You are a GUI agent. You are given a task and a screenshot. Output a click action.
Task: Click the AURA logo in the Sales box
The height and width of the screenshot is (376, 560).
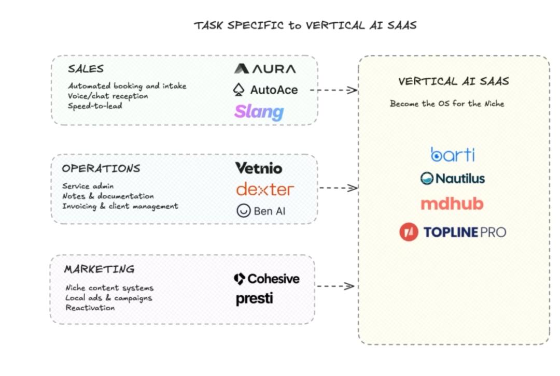pyautogui.click(x=265, y=69)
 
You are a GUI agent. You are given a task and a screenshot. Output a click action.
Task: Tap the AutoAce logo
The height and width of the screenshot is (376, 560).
pyautogui.click(x=265, y=90)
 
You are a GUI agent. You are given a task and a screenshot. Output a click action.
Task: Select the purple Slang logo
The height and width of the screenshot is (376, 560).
pyautogui.click(x=259, y=111)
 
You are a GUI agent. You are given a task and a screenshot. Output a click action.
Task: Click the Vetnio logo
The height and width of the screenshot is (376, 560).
pyautogui.click(x=258, y=168)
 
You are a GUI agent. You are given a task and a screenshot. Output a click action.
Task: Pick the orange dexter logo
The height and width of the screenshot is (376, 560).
pyautogui.click(x=265, y=189)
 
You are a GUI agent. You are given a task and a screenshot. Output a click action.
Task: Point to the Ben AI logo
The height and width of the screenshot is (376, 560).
pyautogui.click(x=261, y=211)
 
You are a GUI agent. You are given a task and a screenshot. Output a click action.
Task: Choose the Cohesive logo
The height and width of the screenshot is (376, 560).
pyautogui.click(x=267, y=279)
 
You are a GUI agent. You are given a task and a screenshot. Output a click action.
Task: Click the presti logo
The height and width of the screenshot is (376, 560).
pyautogui.click(x=254, y=299)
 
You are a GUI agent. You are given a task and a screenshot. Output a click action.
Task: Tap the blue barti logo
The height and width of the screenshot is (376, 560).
pyautogui.click(x=453, y=154)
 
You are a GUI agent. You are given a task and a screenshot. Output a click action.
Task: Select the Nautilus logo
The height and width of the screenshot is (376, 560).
pyautogui.click(x=453, y=179)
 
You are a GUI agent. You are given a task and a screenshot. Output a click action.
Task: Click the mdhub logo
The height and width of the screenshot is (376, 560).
pyautogui.click(x=452, y=204)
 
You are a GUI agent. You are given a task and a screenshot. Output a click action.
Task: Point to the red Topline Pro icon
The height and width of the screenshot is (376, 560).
pyautogui.click(x=409, y=232)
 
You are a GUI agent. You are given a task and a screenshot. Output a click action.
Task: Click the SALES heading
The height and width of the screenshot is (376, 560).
pyautogui.click(x=86, y=69)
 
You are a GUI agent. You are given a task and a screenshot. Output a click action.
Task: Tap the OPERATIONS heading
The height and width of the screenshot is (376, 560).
pyautogui.click(x=101, y=168)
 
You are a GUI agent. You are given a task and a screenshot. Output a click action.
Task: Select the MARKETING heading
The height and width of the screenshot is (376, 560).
pyautogui.click(x=100, y=269)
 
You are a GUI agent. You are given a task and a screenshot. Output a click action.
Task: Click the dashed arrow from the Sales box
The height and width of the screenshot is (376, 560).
pyautogui.click(x=334, y=90)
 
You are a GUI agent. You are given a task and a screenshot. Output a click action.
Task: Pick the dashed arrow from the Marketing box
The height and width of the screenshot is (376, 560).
pyautogui.click(x=335, y=286)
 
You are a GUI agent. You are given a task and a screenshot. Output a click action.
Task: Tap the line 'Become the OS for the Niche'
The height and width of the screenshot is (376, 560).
pyautogui.click(x=447, y=104)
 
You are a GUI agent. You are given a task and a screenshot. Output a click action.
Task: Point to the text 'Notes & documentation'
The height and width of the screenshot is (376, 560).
pyautogui.click(x=108, y=196)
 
